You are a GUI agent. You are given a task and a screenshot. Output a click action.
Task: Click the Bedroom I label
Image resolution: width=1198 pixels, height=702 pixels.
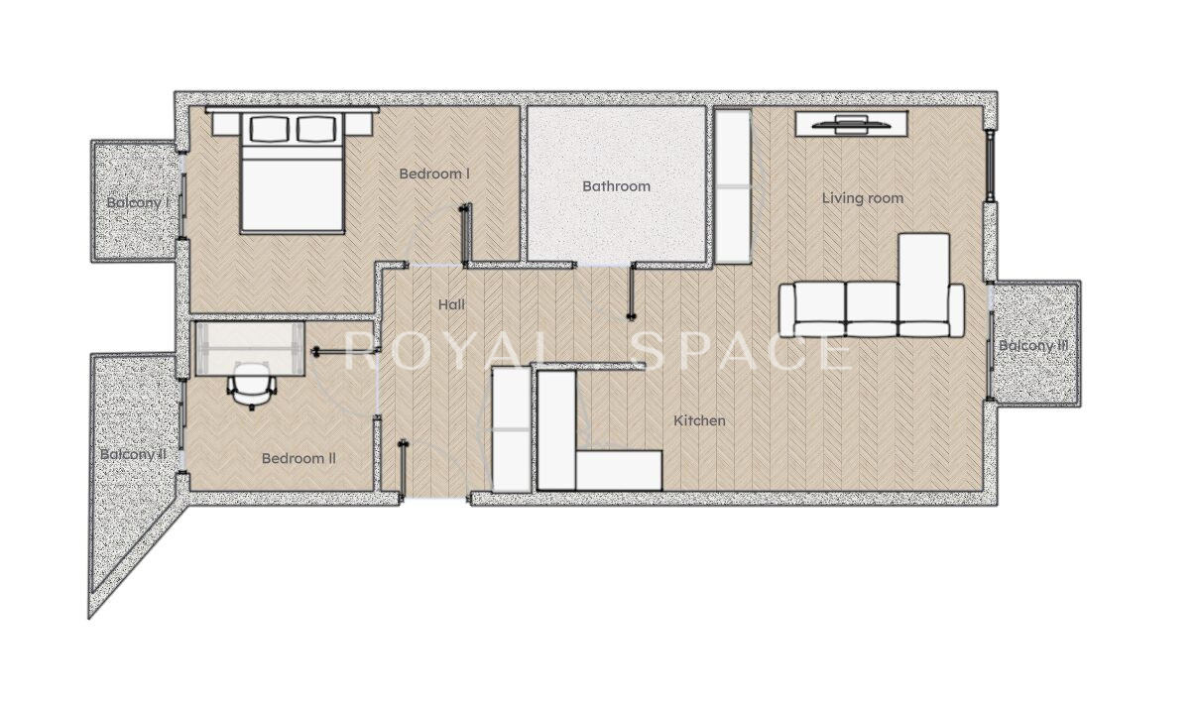434,174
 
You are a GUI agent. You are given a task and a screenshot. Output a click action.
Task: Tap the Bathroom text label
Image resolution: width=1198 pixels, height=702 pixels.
616,186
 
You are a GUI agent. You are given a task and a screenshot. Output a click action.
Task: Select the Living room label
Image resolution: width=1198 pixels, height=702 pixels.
863,198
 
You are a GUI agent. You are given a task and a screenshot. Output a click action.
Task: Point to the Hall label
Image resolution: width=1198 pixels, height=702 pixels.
451,304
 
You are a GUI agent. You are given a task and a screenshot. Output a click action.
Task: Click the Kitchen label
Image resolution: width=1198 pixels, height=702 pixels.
699,420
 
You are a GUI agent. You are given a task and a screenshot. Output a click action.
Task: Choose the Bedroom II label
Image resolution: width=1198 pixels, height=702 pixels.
299,458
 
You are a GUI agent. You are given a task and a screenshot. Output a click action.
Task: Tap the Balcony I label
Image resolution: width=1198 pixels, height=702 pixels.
138,202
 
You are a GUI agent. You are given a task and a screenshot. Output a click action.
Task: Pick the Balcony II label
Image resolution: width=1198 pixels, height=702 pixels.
133,454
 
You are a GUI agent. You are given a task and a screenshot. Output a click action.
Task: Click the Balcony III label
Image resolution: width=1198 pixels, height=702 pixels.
1033,345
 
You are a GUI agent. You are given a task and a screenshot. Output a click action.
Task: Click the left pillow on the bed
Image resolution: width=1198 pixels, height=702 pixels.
270,129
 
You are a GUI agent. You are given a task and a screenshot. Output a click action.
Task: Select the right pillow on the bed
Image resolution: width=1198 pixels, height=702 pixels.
316,129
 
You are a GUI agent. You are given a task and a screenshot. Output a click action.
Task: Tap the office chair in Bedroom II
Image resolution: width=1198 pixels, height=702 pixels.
252,386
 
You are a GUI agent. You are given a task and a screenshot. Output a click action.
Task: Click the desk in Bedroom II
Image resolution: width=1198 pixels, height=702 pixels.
249,349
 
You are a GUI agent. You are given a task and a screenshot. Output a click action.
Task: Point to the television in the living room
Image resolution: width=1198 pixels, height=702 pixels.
851,124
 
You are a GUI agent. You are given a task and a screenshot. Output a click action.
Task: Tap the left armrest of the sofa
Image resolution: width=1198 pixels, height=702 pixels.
786,310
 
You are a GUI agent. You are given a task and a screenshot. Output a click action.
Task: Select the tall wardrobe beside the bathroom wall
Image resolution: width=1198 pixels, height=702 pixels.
732,186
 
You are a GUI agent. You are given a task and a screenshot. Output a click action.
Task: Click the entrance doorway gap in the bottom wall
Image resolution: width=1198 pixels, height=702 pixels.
434,499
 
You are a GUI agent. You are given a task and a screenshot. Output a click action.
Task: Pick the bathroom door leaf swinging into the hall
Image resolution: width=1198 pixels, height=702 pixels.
632,292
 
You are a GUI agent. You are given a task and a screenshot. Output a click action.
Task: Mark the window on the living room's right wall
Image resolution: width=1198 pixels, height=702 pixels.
990,166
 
